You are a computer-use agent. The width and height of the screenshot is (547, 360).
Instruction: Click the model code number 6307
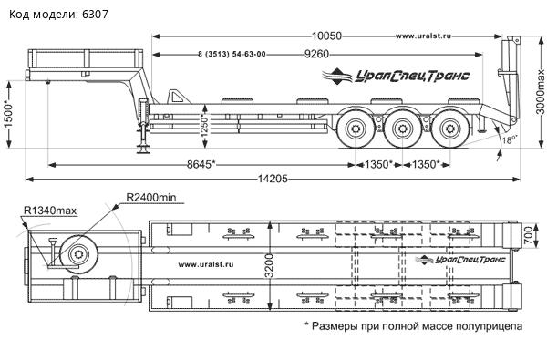(x=95, y=15)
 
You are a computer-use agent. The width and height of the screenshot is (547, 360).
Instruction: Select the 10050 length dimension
(x=326, y=36)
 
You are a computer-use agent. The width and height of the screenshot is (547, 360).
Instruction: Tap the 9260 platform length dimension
(x=316, y=54)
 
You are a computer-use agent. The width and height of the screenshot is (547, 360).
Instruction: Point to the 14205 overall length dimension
(x=273, y=179)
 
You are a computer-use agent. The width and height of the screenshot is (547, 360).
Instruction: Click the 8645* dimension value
(x=201, y=164)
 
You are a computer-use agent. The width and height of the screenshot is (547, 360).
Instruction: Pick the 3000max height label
(x=540, y=92)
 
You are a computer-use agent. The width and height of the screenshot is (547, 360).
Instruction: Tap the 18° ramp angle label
(x=509, y=139)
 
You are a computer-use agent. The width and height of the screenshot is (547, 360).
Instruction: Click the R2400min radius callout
(x=151, y=198)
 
